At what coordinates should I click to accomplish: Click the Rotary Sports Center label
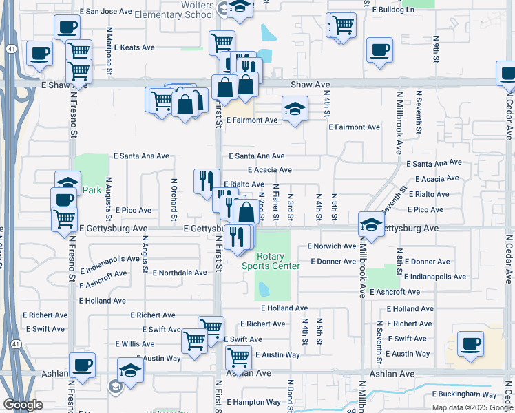(x=272, y=261)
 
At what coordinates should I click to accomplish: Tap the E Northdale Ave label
(x=180, y=273)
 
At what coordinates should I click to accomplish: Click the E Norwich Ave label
(x=332, y=246)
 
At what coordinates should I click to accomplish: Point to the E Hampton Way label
(x=254, y=402)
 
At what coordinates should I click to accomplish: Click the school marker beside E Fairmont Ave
(x=294, y=109)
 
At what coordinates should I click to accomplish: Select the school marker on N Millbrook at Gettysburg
(x=371, y=224)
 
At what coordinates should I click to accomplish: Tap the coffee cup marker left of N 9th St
(x=379, y=50)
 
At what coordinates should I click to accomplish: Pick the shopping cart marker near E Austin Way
(x=238, y=357)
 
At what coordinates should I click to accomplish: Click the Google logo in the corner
(x=23, y=405)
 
